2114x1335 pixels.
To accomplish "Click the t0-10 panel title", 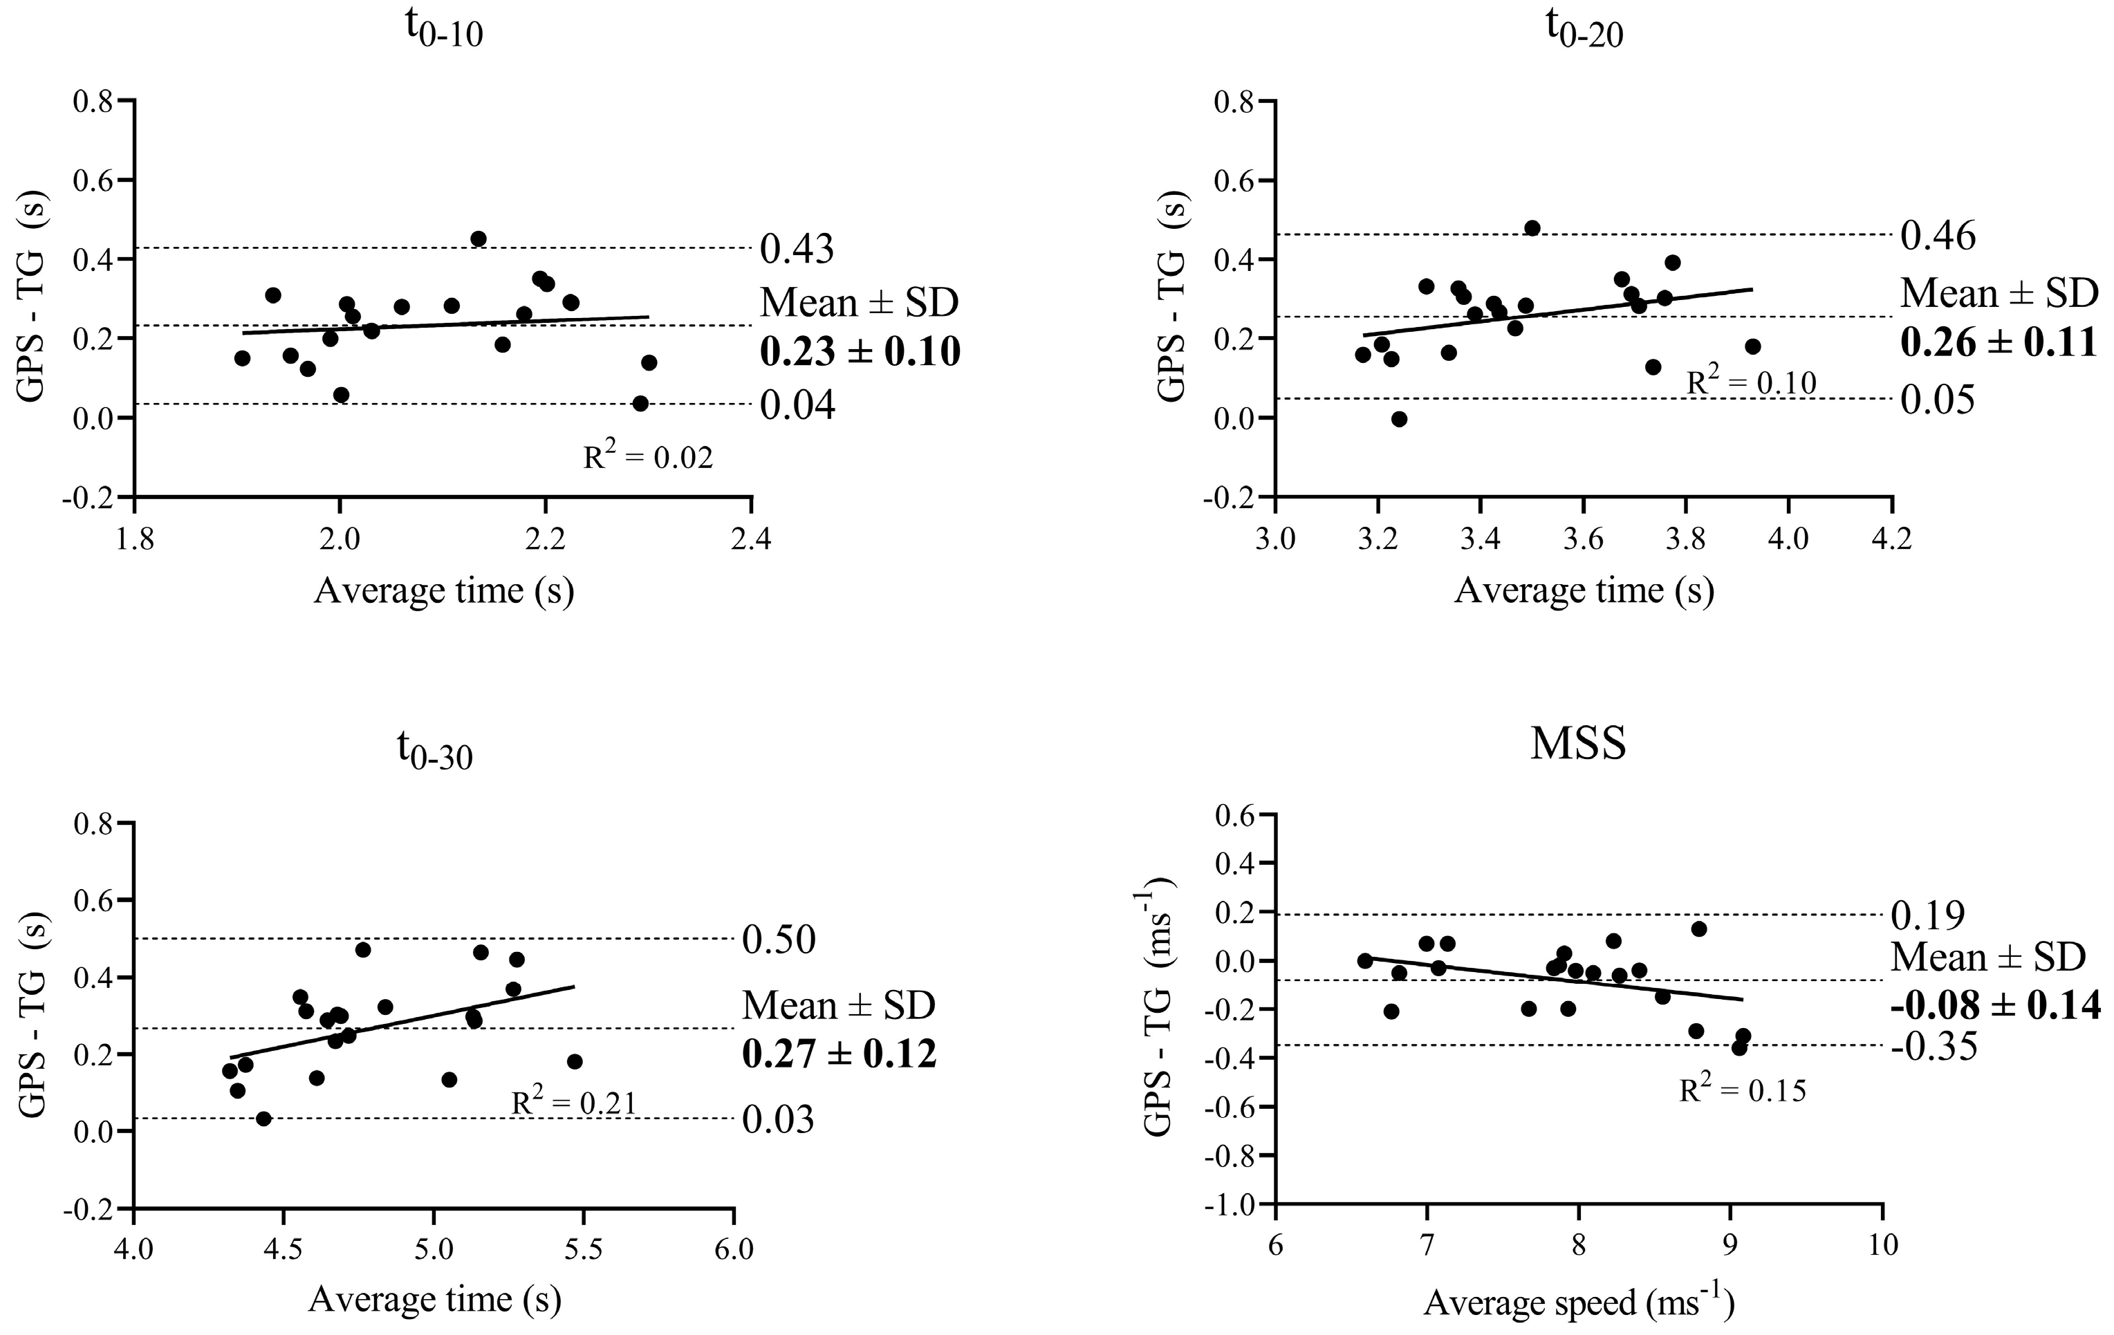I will pyautogui.click(x=443, y=32).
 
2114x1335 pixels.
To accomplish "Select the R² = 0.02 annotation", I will pyautogui.click(x=648, y=457).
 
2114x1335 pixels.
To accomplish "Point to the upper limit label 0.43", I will pyautogui.click(x=796, y=250).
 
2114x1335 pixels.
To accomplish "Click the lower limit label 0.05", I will pyautogui.click(x=1938, y=400).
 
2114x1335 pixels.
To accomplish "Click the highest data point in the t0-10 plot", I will pyautogui.click(x=479, y=239).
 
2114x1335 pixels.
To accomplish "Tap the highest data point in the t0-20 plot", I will pyautogui.click(x=1532, y=228).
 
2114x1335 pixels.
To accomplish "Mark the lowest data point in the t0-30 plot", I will pyautogui.click(x=263, y=1118).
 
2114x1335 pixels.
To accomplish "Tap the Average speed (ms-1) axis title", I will pyautogui.click(x=1577, y=1302).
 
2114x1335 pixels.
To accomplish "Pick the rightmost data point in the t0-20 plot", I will pyautogui.click(x=1752, y=346).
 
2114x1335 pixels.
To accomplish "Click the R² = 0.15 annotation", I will pyautogui.click(x=1742, y=1091).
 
